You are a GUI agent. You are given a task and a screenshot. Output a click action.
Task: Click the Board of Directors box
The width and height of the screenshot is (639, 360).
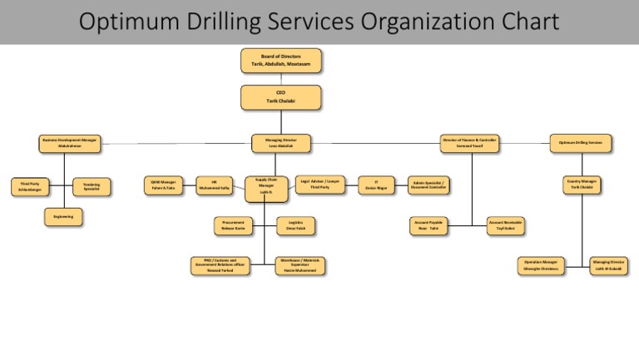coord(280,61)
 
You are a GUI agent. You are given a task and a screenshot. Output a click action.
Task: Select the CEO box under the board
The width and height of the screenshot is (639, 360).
coord(280,96)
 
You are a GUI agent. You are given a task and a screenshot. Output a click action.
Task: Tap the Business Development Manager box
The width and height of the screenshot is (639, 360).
coord(70,143)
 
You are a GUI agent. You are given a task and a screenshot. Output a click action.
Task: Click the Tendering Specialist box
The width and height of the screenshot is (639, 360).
coord(92,187)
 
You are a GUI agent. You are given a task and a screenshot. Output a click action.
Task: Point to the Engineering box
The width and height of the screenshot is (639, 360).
coord(64,217)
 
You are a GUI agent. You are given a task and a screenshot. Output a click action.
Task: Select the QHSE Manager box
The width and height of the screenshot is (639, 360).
coord(163,185)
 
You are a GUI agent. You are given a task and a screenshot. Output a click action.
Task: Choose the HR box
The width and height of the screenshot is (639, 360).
coord(214,185)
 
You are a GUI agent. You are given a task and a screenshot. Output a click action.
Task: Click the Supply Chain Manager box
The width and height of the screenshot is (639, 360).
coord(265,188)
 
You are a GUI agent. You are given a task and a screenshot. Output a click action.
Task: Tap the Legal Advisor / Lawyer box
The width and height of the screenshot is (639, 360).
coord(320,185)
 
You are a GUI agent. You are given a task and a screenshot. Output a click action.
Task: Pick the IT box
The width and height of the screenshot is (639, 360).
coord(376,185)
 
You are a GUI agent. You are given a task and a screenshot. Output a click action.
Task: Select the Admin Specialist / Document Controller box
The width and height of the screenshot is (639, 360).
coord(429,185)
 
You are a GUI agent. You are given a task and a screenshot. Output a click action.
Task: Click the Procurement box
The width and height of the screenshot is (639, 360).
coord(233,224)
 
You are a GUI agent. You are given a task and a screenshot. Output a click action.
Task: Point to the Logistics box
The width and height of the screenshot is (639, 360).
coord(296,224)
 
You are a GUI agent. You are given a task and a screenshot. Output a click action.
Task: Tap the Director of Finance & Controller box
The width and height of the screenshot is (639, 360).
coord(470,143)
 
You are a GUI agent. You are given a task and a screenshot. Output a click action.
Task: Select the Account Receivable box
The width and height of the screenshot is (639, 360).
coord(506,224)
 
